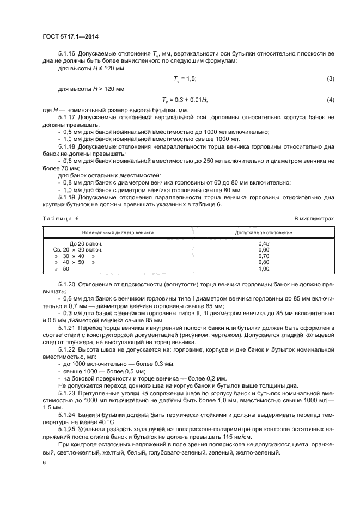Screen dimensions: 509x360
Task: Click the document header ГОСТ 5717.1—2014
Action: click(67, 37)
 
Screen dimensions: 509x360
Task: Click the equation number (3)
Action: click(330, 79)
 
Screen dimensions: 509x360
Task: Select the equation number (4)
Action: click(330, 100)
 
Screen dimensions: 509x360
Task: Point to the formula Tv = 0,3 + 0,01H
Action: click(185, 100)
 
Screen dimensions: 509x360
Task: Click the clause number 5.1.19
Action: click(67, 197)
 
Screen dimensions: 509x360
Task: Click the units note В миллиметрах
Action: click(314, 218)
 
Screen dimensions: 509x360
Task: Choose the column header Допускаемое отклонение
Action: click(264, 232)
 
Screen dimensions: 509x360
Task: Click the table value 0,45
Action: click(264, 243)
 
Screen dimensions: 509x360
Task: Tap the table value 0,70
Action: click(264, 256)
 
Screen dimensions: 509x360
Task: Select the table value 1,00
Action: click(264, 268)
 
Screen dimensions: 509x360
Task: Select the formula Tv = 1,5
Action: click(185, 79)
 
